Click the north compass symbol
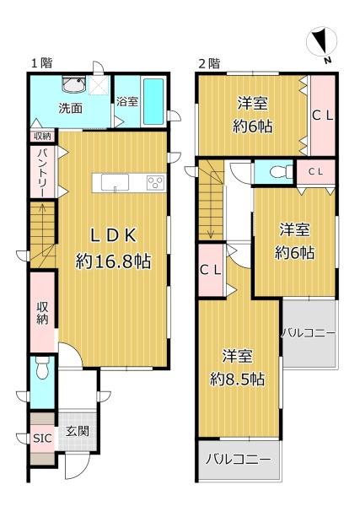click(321, 43)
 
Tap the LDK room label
click(113, 235)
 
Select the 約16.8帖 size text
click(113, 261)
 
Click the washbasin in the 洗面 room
click(74, 83)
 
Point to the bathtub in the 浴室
click(153, 101)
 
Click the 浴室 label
click(127, 101)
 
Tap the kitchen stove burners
click(156, 183)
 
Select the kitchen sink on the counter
click(115, 183)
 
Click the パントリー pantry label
click(43, 172)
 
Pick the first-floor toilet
click(42, 368)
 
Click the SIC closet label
click(42, 439)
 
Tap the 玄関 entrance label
click(77, 431)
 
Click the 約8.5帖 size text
click(237, 379)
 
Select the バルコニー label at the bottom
click(239, 459)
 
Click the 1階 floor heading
click(41, 63)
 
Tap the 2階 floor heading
click(209, 63)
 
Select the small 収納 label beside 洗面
click(43, 136)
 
